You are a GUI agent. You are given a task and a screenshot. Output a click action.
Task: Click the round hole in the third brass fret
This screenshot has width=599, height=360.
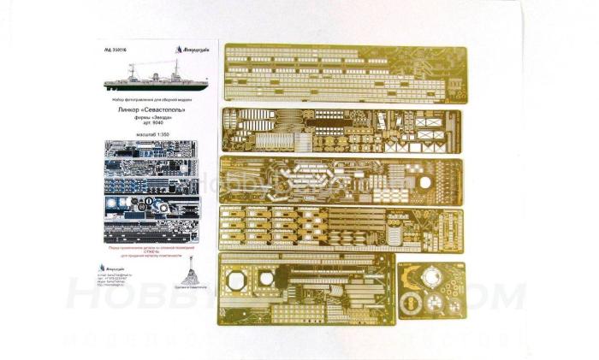pyautogui.click(x=429, y=182)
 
